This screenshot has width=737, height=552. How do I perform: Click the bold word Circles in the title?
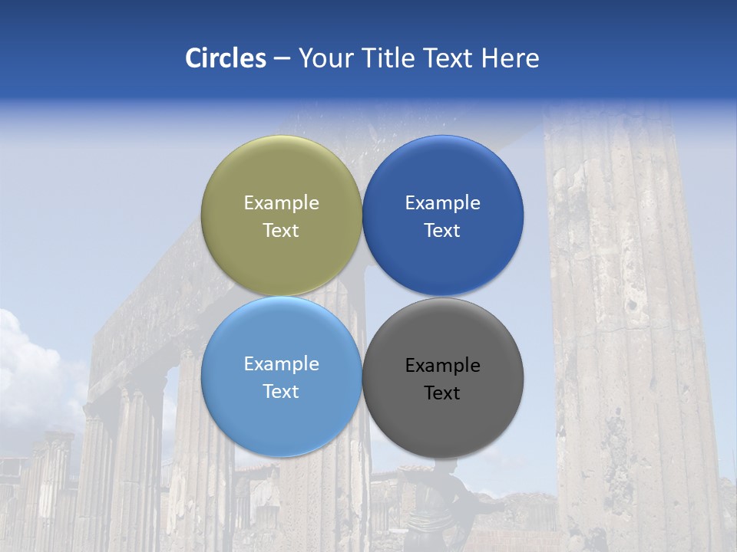(x=225, y=58)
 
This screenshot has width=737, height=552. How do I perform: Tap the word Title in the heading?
(x=391, y=58)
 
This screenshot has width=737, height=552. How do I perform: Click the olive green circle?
(x=281, y=176)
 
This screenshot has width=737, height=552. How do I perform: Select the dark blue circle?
(x=442, y=176)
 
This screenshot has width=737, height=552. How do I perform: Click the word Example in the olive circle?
(x=281, y=203)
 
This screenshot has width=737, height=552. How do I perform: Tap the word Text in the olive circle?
(x=281, y=231)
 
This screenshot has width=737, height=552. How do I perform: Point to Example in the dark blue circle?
(x=442, y=203)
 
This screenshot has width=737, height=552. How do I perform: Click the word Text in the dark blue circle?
(x=442, y=231)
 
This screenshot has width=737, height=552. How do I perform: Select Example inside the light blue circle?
(x=281, y=364)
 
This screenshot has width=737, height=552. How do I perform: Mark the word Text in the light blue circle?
(x=281, y=392)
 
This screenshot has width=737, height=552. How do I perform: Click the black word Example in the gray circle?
(x=442, y=366)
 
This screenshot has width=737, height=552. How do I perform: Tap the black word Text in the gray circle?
(x=442, y=393)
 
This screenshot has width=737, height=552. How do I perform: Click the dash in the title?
(x=282, y=59)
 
